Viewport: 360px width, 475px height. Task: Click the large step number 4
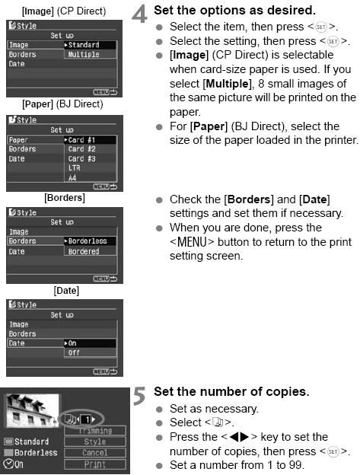pyautogui.click(x=139, y=14)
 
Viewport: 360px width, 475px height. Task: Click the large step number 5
pyautogui.click(x=139, y=396)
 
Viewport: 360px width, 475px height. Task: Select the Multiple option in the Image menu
pyautogui.click(x=84, y=55)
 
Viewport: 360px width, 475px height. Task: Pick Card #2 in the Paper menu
pyautogui.click(x=81, y=149)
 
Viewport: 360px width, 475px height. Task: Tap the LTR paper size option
pyautogui.click(x=74, y=167)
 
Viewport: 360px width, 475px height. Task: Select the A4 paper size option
pyautogui.click(x=72, y=177)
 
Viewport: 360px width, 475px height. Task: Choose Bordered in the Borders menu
pyautogui.click(x=84, y=251)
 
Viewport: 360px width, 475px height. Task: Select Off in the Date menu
pyautogui.click(x=74, y=352)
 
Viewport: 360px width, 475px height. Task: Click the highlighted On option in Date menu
pyautogui.click(x=90, y=343)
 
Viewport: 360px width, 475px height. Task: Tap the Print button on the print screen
pyautogui.click(x=95, y=464)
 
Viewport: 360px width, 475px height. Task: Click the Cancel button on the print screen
pyautogui.click(x=95, y=453)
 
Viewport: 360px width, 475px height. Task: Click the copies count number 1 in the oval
pyautogui.click(x=88, y=419)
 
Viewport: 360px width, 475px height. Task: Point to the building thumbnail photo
pyautogui.click(x=33, y=410)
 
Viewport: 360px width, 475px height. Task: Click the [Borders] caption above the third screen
pyautogui.click(x=65, y=198)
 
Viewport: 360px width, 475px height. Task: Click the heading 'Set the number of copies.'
pyautogui.click(x=231, y=392)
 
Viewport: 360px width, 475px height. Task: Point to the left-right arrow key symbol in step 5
pyautogui.click(x=239, y=437)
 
